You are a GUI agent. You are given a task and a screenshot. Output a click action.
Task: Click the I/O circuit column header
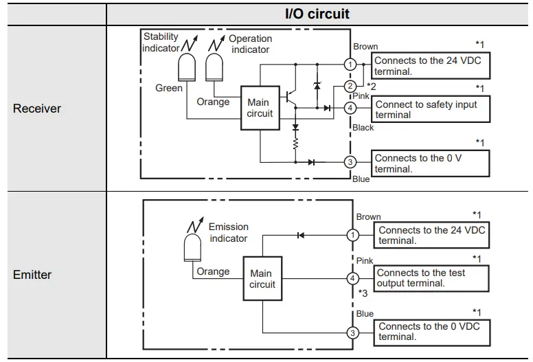tap(317, 13)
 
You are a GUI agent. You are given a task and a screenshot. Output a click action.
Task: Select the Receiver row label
tap(36, 109)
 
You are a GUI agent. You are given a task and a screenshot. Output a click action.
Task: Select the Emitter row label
tap(32, 275)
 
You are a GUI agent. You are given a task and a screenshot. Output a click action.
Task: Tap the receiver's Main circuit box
tap(260, 109)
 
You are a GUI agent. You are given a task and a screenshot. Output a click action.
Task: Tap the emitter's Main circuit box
tap(262, 279)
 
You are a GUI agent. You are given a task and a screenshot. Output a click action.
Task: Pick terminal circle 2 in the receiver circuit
tap(350, 86)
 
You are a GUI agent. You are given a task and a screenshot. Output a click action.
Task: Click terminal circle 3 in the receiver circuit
tap(350, 162)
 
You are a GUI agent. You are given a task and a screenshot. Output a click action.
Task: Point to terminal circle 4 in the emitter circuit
tap(352, 279)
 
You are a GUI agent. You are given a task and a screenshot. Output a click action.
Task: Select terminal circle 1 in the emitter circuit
tap(352, 235)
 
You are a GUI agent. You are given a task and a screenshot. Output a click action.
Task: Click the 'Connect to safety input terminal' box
tap(431, 109)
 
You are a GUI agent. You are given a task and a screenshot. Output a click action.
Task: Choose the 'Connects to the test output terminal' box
tap(431, 278)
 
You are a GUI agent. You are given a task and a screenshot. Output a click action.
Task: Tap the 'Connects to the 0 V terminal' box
tap(431, 163)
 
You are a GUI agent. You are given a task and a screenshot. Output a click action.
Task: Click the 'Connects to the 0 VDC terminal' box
tap(431, 332)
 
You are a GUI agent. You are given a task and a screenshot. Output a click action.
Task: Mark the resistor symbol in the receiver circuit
tap(295, 145)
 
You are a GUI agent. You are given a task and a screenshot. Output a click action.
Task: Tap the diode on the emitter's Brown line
tap(300, 235)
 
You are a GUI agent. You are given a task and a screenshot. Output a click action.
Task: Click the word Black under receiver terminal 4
tap(363, 128)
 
